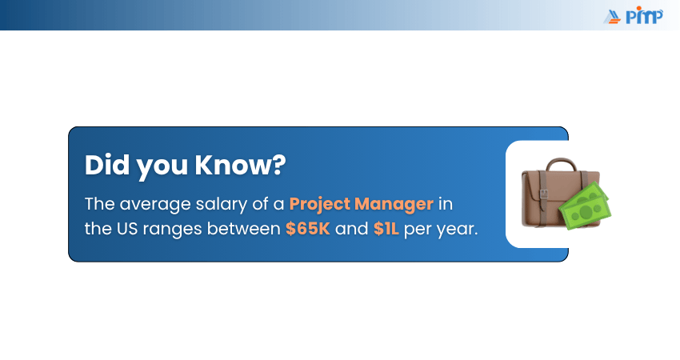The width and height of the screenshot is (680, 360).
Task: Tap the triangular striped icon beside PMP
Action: pos(614,15)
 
